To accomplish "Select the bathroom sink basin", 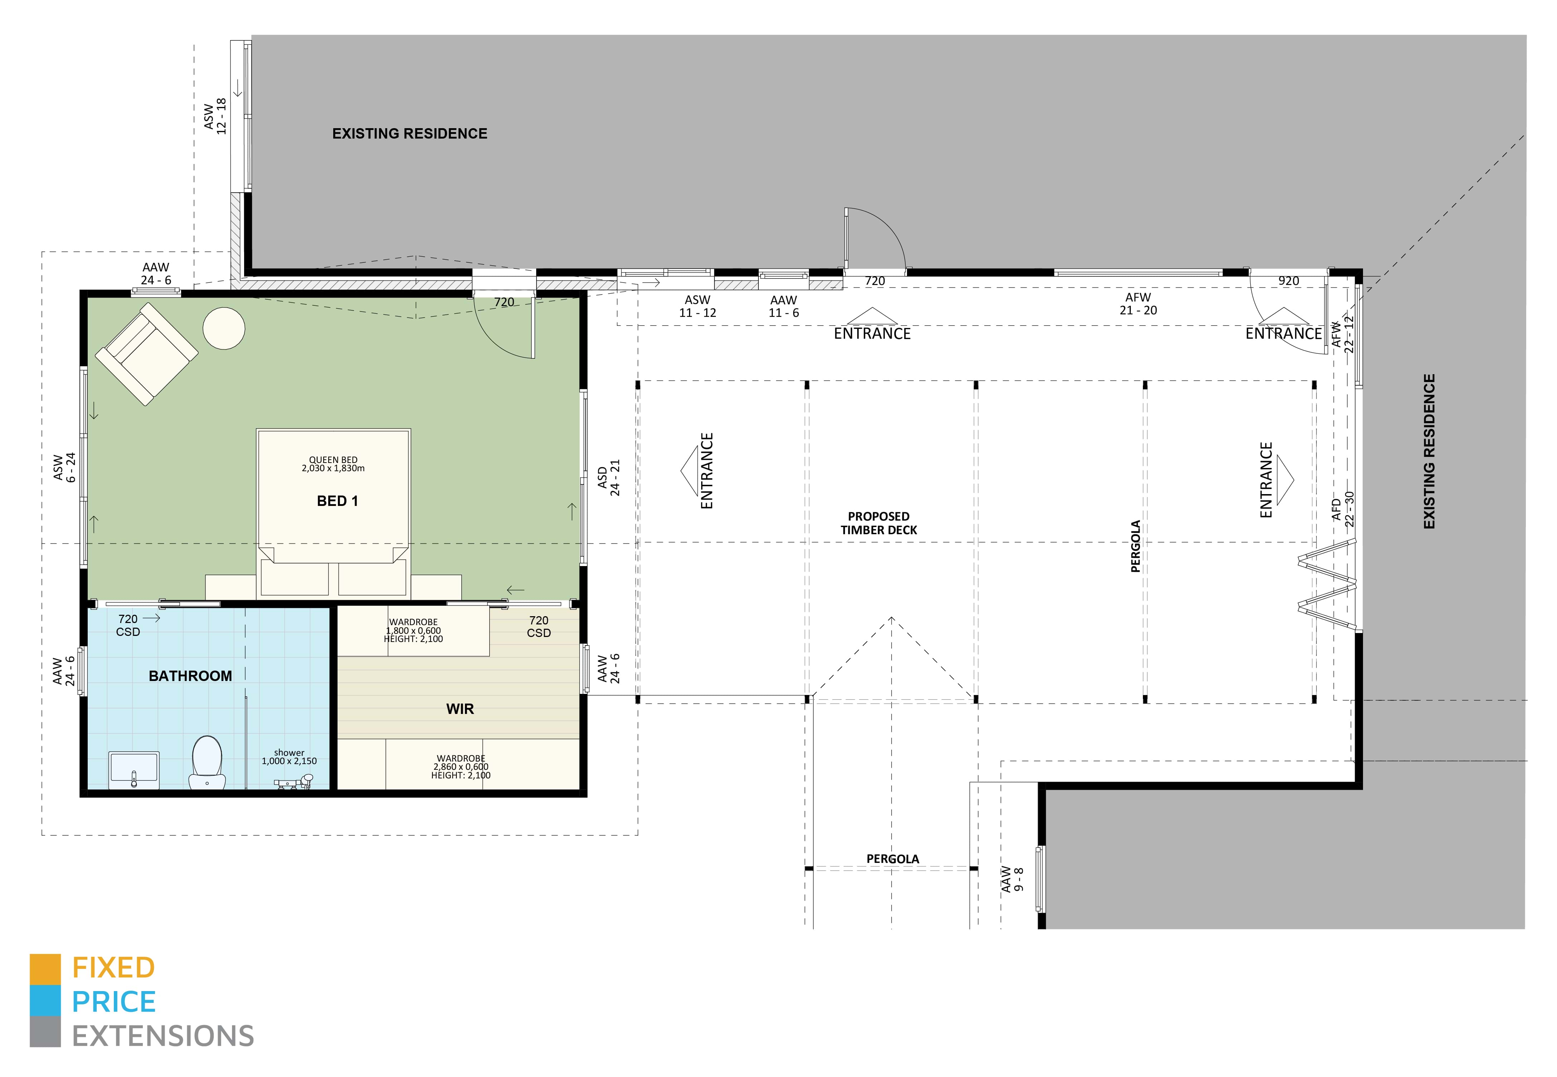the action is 134,769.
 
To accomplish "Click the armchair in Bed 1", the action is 146,354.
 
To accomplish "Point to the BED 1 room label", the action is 337,501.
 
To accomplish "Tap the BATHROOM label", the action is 190,676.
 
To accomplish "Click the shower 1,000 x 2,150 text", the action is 290,757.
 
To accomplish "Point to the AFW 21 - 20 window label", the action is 1138,304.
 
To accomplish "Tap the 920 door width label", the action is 1289,281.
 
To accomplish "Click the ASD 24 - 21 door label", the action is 608,478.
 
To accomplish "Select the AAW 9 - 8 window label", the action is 1012,879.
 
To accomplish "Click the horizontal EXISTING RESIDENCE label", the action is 409,134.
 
